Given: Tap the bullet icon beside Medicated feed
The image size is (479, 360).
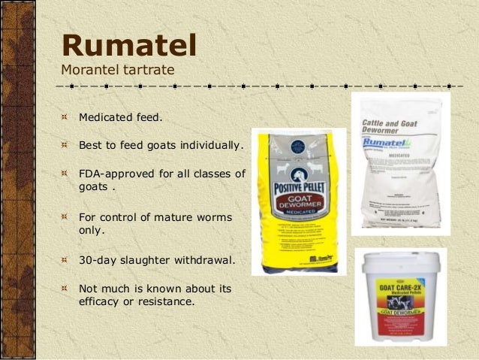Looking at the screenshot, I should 65,118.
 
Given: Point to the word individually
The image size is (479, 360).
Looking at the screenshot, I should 211,144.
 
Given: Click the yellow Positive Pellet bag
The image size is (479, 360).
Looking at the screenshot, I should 298,201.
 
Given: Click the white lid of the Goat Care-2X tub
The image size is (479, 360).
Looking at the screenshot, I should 399,264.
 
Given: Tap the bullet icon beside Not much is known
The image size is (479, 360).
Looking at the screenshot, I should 65,289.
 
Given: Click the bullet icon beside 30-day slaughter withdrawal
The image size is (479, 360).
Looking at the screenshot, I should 65,262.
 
